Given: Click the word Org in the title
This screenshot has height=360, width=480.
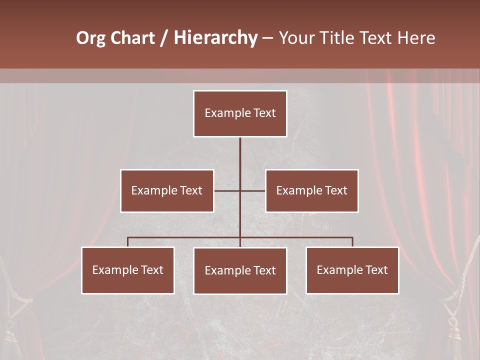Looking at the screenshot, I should click(90, 38).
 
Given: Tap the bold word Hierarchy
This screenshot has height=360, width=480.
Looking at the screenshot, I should click(215, 38).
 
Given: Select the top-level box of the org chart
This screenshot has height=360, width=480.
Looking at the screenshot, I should click(240, 113).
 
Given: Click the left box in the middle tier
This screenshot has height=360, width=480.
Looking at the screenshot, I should click(167, 190).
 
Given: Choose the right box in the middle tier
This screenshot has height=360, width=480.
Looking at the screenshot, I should click(312, 190).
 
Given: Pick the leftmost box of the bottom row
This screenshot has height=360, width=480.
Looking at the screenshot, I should click(128, 270).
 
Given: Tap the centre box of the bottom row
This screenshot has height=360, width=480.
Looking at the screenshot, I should click(240, 270).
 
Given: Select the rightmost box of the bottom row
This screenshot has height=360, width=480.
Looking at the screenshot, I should click(352, 270).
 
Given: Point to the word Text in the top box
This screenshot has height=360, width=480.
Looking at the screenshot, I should click(264, 113).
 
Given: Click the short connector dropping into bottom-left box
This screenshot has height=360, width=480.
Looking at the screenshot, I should click(128, 242).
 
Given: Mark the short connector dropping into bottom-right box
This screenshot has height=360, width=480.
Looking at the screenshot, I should click(352, 242).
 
